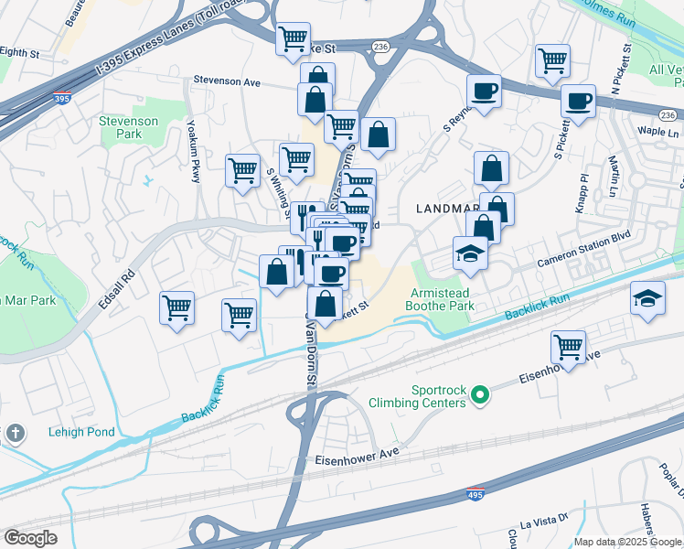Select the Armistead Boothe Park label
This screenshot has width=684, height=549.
[x=441, y=298]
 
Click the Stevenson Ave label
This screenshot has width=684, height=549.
[x=226, y=81]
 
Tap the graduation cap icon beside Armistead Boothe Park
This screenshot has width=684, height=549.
[x=471, y=253]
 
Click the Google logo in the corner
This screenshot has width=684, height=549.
[x=30, y=537]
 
